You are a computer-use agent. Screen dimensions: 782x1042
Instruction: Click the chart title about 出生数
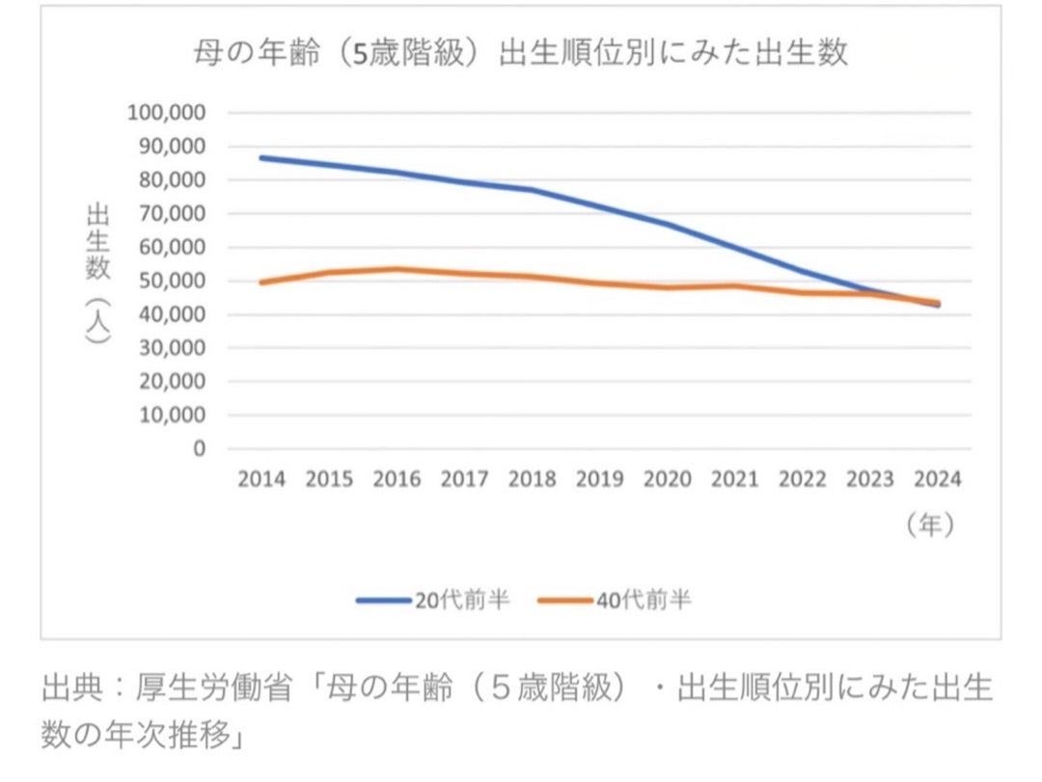(520, 52)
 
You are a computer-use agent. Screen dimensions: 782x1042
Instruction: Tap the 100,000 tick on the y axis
(166, 112)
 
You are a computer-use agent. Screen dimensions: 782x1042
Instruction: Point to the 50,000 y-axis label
(171, 281)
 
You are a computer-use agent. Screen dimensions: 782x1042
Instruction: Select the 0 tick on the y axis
(199, 449)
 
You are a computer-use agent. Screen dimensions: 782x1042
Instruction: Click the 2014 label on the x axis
(261, 479)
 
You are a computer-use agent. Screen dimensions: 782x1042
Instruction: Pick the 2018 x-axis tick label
(532, 479)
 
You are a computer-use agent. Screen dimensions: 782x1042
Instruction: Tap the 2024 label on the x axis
(937, 479)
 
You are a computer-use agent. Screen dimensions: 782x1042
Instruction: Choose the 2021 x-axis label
(734, 479)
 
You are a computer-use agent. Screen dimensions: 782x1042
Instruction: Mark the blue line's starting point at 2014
(261, 157)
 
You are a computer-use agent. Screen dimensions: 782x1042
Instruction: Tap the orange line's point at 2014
(261, 282)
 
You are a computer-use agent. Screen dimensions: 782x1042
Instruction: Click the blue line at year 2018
(532, 190)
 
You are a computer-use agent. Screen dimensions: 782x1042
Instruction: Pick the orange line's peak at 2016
(397, 269)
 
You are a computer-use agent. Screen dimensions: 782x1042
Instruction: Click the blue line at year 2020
(667, 225)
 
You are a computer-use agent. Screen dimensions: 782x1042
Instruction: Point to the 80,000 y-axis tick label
(171, 179)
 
